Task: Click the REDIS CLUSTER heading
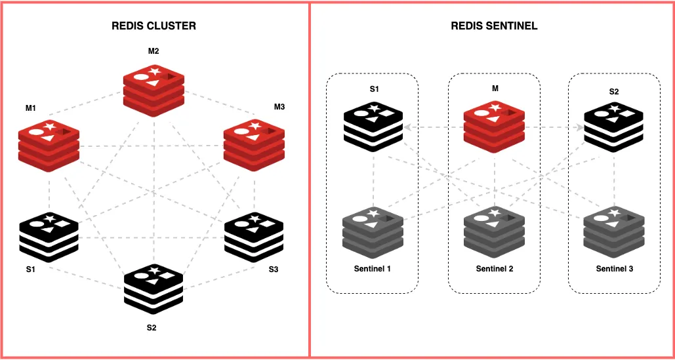pyautogui.click(x=154, y=26)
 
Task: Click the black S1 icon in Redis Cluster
pyautogui.click(x=49, y=235)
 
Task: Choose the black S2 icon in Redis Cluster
pyautogui.click(x=154, y=288)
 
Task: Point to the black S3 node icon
pyautogui.click(x=253, y=235)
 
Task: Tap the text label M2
pyautogui.click(x=153, y=51)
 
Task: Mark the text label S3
pyautogui.click(x=273, y=270)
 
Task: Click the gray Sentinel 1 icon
pyautogui.click(x=373, y=230)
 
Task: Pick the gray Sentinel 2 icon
pyautogui.click(x=493, y=230)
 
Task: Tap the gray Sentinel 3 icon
pyautogui.click(x=613, y=230)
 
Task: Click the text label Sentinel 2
pyautogui.click(x=493, y=269)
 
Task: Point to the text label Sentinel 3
pyautogui.click(x=614, y=269)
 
